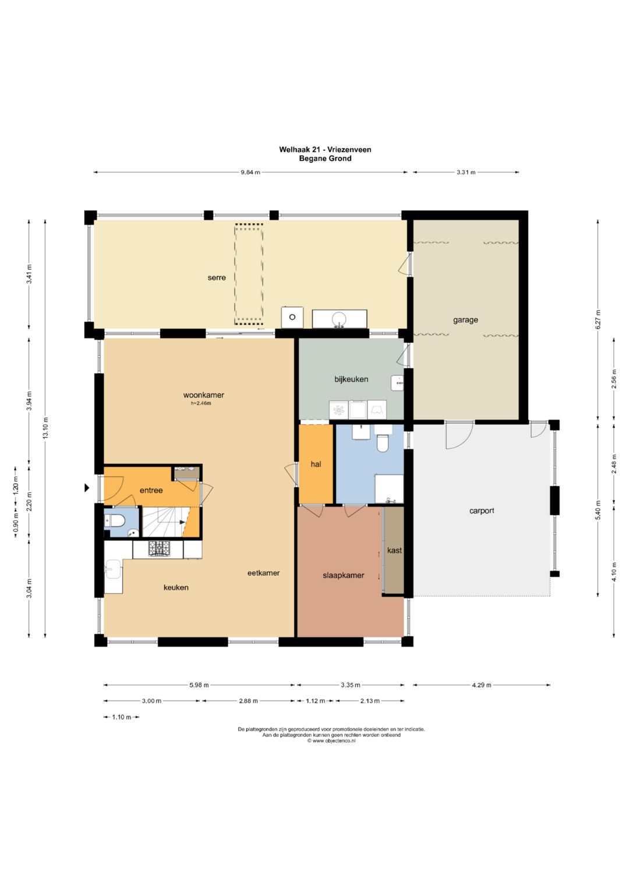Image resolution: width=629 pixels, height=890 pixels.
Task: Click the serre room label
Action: point(217,278)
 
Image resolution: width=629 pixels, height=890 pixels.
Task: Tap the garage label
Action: point(465,320)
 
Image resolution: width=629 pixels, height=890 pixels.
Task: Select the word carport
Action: point(482,511)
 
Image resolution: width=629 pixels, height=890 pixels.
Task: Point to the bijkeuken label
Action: point(351,379)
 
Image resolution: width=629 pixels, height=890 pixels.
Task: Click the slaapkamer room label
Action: point(344,575)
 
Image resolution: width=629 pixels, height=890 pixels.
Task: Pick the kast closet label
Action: point(394,550)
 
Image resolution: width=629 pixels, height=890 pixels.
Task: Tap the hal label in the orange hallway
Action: point(316,464)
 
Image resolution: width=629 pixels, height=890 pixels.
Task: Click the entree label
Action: point(151,490)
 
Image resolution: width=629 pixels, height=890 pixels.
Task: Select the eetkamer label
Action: point(263,573)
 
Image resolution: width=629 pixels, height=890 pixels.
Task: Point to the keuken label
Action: point(176,588)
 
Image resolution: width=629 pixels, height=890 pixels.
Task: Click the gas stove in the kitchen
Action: point(159,548)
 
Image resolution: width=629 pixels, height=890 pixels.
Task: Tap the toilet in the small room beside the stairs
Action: point(115,520)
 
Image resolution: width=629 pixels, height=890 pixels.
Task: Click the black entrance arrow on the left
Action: point(87,488)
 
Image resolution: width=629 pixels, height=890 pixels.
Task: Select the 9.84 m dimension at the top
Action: point(250,173)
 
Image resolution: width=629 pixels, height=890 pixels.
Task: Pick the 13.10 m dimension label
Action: point(45,428)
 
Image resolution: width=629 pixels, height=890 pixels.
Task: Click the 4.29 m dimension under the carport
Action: point(482,685)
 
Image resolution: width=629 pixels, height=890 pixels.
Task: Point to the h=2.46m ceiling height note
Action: point(201,403)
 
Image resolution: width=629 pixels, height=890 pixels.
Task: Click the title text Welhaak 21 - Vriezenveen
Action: point(325,150)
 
